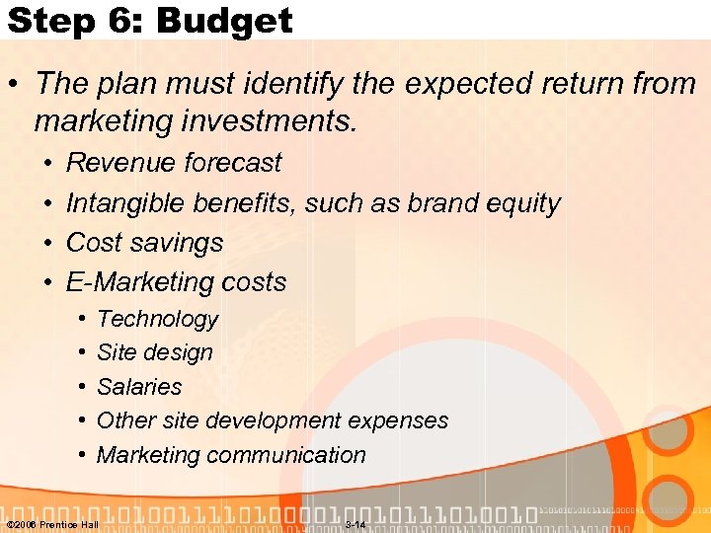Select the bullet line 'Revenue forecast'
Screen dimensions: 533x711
[x=173, y=163]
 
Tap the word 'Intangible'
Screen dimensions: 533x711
[x=125, y=203]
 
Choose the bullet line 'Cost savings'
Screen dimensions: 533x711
[x=144, y=243]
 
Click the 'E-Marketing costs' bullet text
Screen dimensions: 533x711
[x=176, y=282]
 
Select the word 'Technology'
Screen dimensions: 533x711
[x=157, y=319]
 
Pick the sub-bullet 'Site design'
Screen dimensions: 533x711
[x=154, y=352]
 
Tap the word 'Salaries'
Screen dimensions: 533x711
[x=139, y=387]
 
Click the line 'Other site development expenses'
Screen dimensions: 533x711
[x=272, y=420]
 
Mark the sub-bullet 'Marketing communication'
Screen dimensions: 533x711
[x=231, y=455]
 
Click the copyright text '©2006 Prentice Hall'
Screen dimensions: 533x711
[x=52, y=524]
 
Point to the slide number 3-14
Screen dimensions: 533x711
[x=355, y=524]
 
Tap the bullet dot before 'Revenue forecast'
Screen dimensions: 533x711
[x=47, y=163]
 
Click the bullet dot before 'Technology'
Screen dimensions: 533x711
[x=79, y=320]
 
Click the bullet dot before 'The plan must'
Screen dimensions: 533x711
[x=17, y=84]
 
